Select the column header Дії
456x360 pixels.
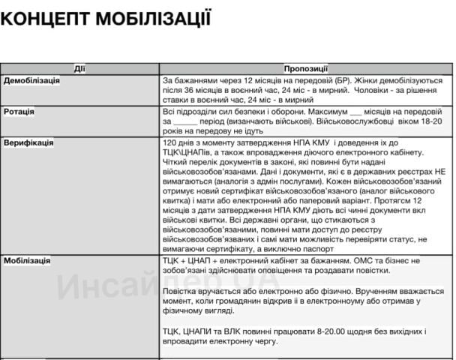point(79,69)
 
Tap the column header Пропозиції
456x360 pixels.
point(307,69)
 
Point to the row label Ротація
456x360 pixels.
point(19,112)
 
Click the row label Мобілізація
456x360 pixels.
point(27,260)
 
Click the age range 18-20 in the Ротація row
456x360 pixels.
point(430,121)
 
